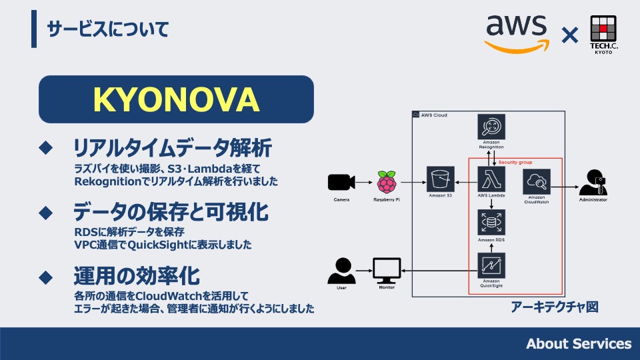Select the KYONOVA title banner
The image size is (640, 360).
[x=176, y=99]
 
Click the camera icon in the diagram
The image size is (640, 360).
[x=341, y=182]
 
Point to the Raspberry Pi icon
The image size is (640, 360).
[x=386, y=181]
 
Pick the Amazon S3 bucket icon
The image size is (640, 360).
[x=441, y=179]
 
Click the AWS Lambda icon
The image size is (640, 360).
[x=491, y=179]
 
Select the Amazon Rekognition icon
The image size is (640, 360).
[x=491, y=127]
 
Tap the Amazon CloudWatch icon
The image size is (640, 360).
[x=537, y=180]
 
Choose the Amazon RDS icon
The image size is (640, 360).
[x=491, y=222]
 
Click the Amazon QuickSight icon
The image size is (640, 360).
[x=491, y=266]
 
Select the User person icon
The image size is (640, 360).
[x=341, y=271]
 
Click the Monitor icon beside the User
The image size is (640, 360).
[x=387, y=271]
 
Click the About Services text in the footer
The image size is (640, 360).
[x=578, y=344]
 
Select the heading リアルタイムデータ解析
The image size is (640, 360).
[x=172, y=146]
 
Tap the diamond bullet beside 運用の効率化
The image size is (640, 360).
[x=46, y=276]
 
